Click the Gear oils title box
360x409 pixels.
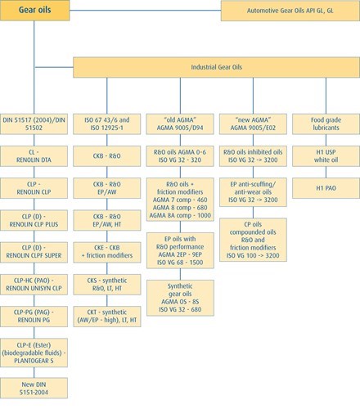point(35,11)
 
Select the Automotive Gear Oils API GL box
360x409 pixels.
point(290,11)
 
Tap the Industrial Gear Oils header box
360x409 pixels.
point(216,67)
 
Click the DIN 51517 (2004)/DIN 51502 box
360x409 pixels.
point(34,124)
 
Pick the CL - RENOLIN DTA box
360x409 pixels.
point(34,156)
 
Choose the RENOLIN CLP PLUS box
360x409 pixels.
point(34,220)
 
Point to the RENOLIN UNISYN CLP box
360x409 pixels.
point(34,285)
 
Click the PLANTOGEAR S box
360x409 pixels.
point(34,353)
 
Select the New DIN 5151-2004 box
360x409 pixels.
point(34,389)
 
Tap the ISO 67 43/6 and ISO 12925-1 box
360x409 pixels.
point(107,124)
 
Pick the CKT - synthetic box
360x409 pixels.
point(107,317)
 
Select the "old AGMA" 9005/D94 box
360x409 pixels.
point(180,124)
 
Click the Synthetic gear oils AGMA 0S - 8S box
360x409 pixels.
point(180,298)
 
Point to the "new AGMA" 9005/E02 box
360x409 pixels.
point(253,124)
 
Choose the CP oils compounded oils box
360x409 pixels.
point(253,240)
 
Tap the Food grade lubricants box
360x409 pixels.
point(326,124)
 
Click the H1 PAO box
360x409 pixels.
point(326,188)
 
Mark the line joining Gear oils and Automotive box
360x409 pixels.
point(146,11)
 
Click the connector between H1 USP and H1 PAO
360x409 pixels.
point(326,173)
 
